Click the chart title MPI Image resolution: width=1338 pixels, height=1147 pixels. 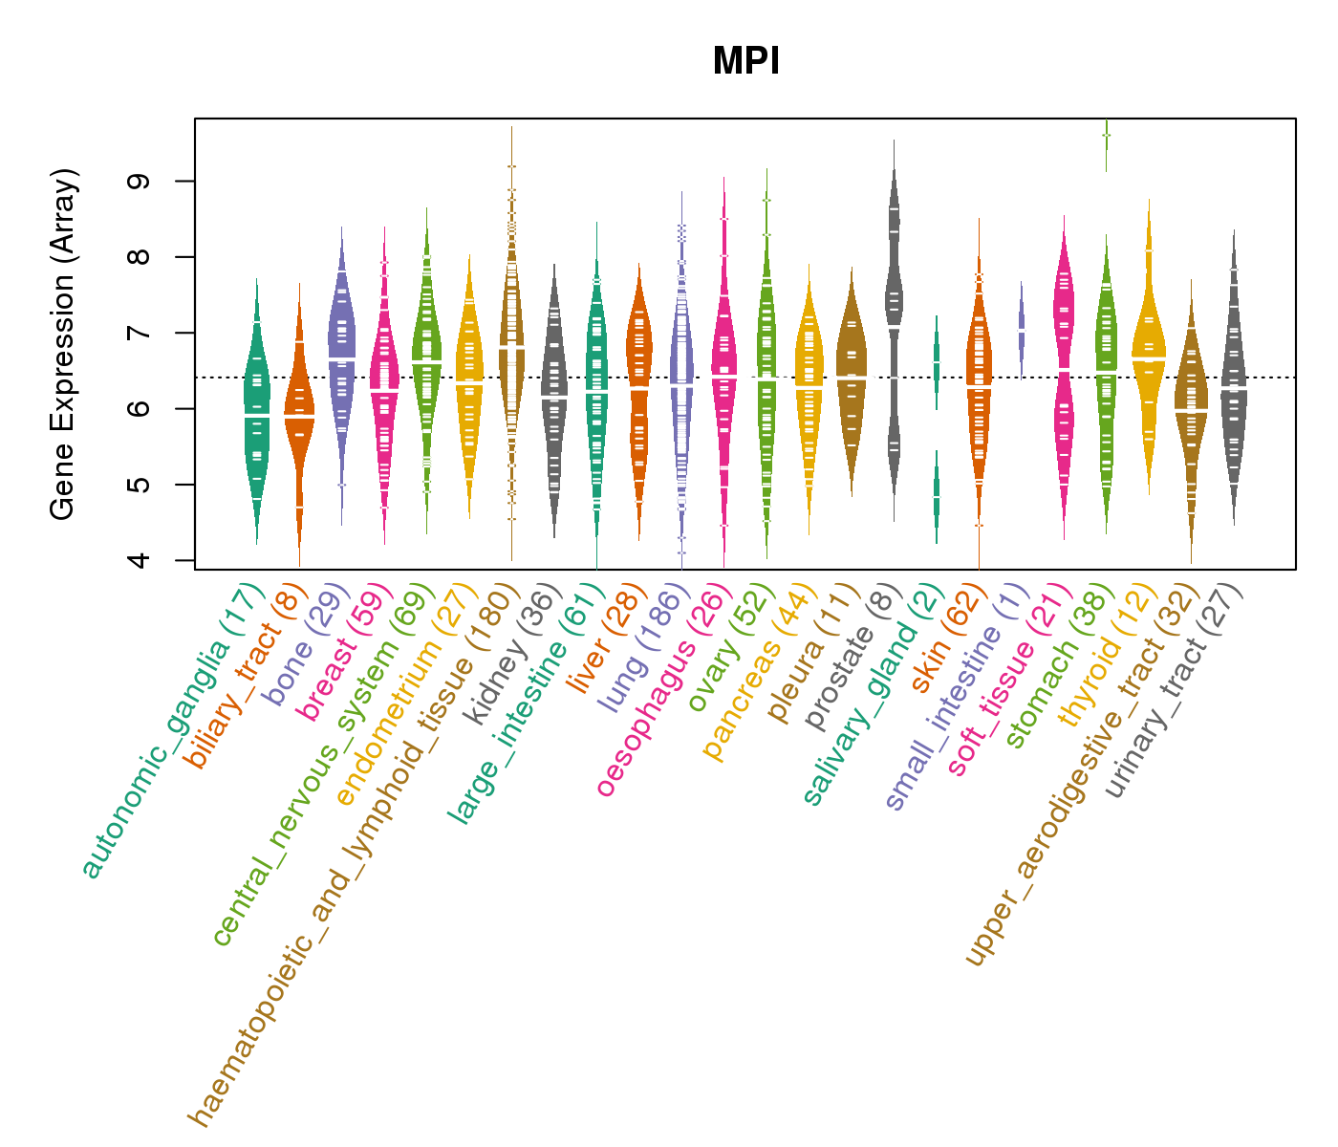click(746, 62)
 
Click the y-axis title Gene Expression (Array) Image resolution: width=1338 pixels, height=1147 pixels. click(63, 344)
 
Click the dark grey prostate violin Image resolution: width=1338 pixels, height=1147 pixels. click(894, 287)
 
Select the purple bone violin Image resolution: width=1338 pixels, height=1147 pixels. click(342, 344)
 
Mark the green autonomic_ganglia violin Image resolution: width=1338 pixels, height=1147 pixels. click(256, 411)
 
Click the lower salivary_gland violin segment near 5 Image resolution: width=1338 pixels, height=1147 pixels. click(937, 497)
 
